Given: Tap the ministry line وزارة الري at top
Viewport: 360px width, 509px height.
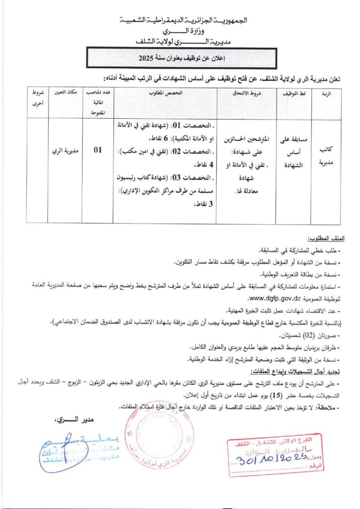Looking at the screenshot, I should tap(180, 31).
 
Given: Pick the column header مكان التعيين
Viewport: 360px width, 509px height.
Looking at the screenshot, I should tap(66, 93).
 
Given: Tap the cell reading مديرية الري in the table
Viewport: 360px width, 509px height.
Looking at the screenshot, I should tap(66, 149).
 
